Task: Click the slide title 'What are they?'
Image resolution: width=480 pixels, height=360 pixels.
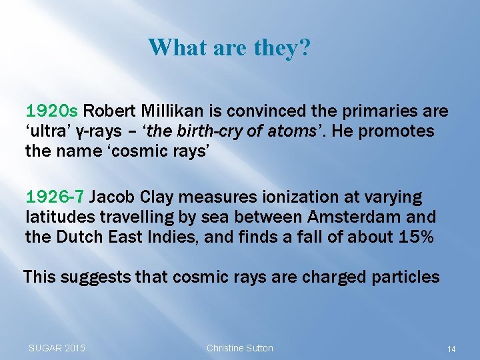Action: point(229,48)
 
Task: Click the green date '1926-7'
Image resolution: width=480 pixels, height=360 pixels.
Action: point(55,197)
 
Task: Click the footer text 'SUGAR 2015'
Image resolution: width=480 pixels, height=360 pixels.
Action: point(57,348)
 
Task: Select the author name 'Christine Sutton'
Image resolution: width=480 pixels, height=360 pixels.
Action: point(239,348)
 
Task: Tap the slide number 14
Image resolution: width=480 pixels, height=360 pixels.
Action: point(451,349)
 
